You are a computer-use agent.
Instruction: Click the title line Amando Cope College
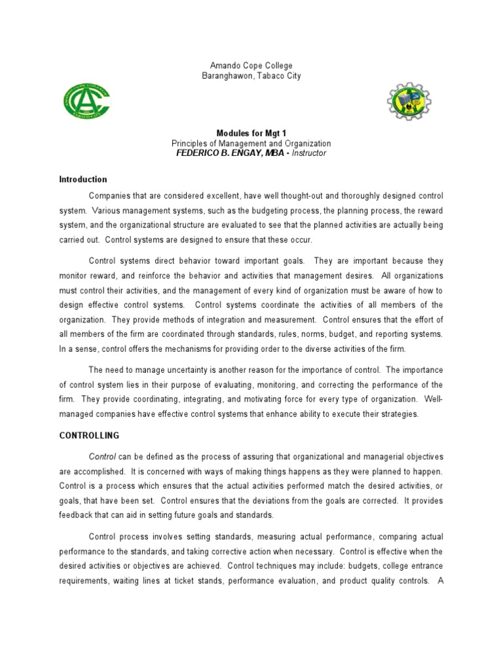point(251,66)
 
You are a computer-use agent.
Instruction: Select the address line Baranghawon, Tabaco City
point(251,76)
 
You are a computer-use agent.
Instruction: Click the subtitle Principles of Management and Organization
point(251,144)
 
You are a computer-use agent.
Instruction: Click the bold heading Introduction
point(83,180)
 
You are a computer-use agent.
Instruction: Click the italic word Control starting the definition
point(103,456)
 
